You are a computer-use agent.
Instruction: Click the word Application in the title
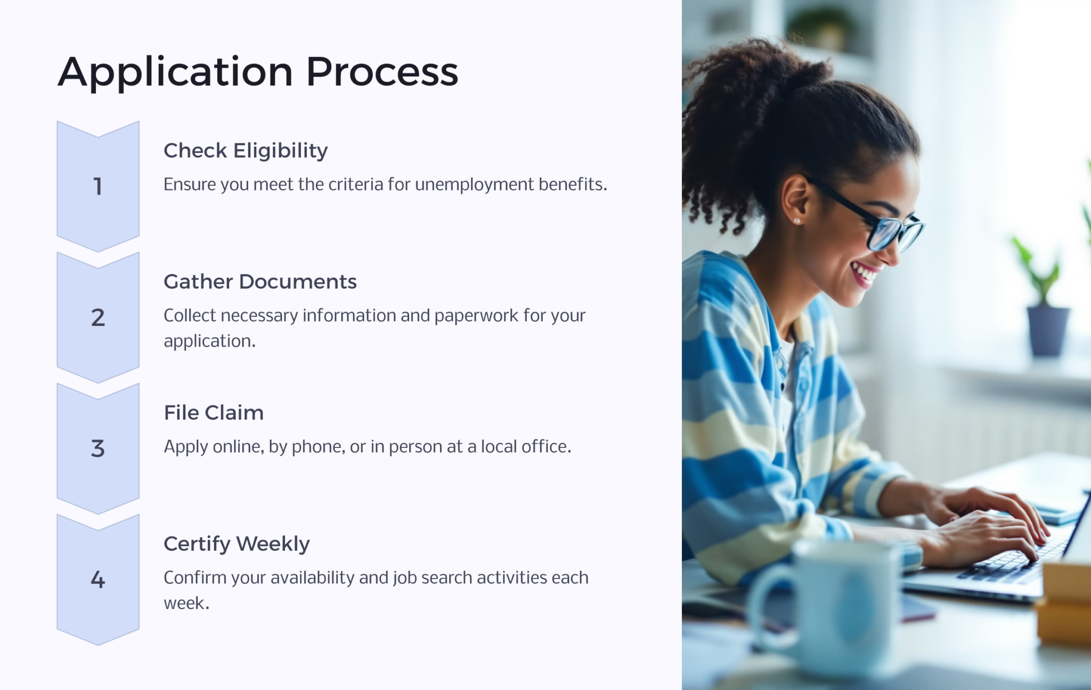(175, 72)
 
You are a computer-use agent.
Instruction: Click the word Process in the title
(382, 72)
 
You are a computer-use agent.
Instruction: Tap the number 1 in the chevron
(97, 187)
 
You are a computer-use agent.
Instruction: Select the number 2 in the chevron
(97, 318)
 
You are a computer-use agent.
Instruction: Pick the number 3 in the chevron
(97, 448)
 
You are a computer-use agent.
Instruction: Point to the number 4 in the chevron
(97, 580)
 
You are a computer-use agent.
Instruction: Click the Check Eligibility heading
(246, 151)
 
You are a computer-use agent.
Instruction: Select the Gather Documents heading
(260, 282)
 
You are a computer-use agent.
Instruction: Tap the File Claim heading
(214, 413)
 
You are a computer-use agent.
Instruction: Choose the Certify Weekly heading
(237, 544)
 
